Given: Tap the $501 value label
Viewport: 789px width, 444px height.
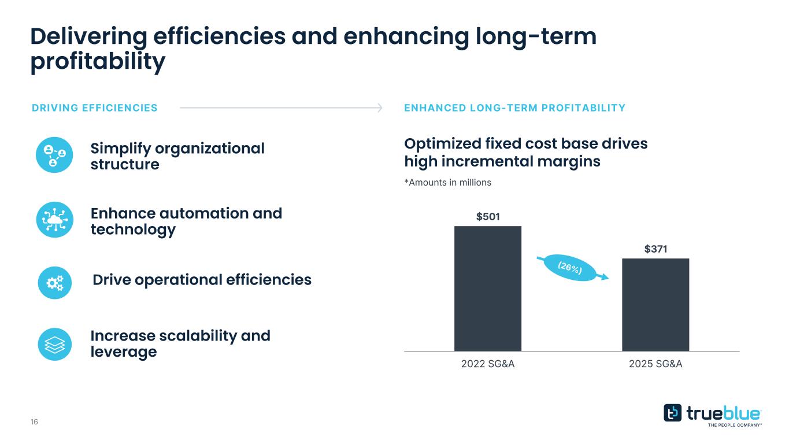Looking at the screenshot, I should coord(488,217).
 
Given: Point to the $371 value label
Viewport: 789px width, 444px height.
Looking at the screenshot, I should coord(656,249).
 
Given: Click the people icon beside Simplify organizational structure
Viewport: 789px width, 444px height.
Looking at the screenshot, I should coord(54,155).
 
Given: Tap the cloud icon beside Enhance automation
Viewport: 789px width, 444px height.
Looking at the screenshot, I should coord(54,220).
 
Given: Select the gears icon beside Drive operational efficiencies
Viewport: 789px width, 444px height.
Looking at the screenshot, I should coord(54,282).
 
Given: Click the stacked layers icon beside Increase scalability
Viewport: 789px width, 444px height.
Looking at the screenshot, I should coord(54,345).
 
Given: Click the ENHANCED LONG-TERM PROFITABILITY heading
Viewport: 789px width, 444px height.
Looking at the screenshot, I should coord(514,108).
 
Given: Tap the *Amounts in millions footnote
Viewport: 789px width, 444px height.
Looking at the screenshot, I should coord(447,182).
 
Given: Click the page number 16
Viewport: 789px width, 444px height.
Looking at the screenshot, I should coord(34,422).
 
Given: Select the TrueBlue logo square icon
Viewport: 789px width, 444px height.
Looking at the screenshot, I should coord(672,413).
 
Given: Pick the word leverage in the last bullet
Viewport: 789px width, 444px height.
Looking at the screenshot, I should coord(124,351).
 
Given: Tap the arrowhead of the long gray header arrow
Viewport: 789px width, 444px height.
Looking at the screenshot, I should coord(380,108).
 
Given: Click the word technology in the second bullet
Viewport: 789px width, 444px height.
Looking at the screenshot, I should coord(133,230).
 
